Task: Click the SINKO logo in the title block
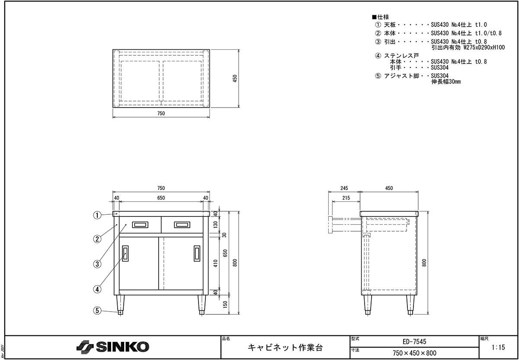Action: [112, 347]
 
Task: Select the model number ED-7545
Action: [414, 341]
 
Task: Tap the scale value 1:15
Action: [498, 347]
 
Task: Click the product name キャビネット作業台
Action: [285, 347]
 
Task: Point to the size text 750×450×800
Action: [414, 353]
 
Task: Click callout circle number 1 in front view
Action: [97, 215]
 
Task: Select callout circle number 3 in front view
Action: [97, 264]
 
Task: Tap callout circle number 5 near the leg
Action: [97, 310]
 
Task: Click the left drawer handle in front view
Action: [140, 225]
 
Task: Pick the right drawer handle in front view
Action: [182, 225]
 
